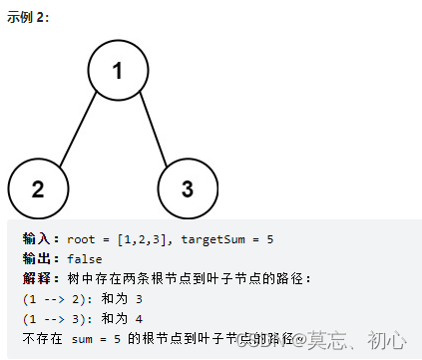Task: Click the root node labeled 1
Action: [x=118, y=71]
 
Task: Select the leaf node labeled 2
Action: [x=37, y=187]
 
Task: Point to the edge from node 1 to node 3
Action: [x=154, y=130]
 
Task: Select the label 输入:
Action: [x=41, y=239]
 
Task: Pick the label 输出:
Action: [x=41, y=258]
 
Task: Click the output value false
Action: [x=86, y=258]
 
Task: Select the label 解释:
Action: [x=41, y=278]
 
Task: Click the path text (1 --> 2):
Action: [x=59, y=298]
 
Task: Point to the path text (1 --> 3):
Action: [x=59, y=318]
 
